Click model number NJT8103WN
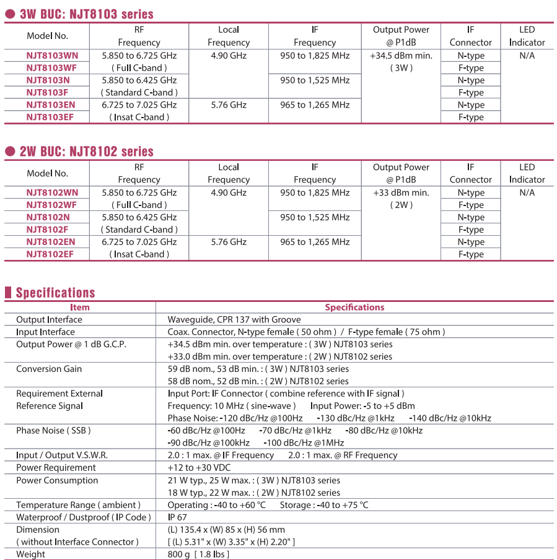pos(52,56)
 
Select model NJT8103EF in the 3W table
pos(50,117)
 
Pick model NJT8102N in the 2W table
pos(48,217)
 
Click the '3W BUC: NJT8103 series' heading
pos(86,14)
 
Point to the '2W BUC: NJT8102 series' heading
pos(86,152)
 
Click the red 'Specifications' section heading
pos(55,293)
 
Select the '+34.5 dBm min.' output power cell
pos(401,56)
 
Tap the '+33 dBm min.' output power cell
pos(401,192)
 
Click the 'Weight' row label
pos(30,554)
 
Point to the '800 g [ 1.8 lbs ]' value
pos(198,554)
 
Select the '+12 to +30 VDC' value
pos(199,468)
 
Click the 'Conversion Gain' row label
pos(49,369)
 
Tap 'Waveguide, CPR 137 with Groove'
pos(234,320)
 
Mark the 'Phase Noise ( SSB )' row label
pos(53,431)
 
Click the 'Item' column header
pos(79,308)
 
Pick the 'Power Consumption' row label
pos(57,480)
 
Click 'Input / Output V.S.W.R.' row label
pos(62,455)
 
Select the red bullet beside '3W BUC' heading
pos(10,14)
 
